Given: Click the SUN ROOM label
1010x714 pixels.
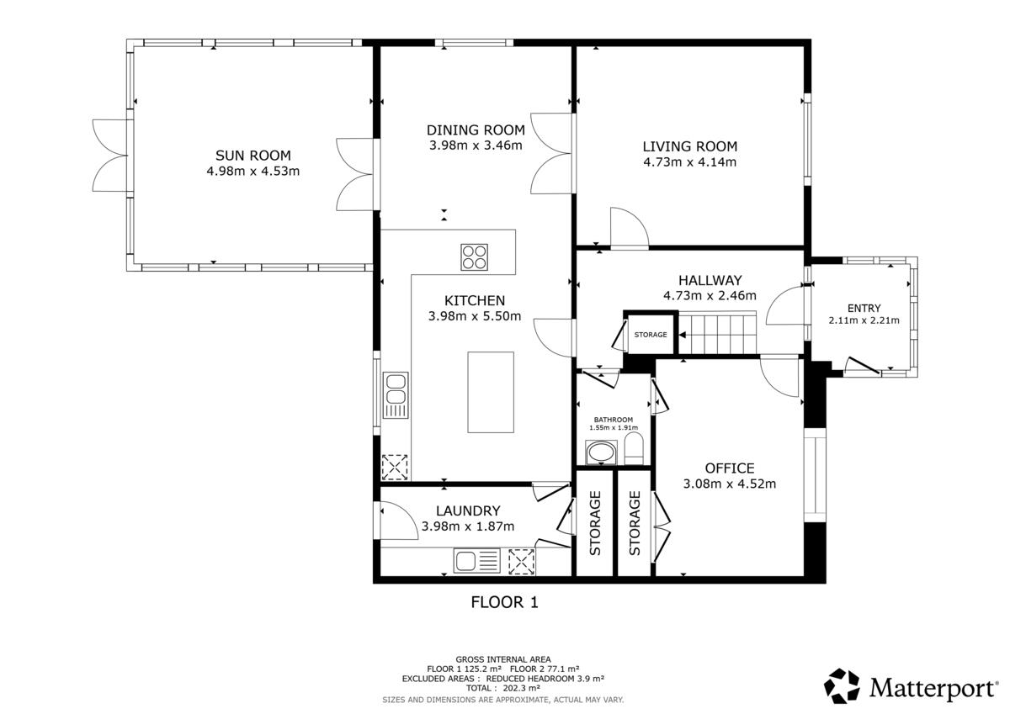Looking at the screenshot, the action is [253, 156].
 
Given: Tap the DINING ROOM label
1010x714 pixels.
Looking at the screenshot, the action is [476, 130].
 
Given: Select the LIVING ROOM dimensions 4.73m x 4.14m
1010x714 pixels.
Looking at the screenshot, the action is [690, 161].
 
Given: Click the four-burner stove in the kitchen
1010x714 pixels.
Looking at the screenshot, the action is [474, 257].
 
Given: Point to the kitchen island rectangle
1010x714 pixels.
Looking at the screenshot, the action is [491, 393].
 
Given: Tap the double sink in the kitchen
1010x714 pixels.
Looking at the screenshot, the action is [396, 395].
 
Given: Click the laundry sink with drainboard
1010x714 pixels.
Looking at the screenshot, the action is [476, 560].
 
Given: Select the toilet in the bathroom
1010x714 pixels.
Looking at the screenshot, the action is [634, 448].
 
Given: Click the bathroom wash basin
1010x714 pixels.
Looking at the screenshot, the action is [601, 452].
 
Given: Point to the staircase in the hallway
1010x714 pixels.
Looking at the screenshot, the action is [717, 332].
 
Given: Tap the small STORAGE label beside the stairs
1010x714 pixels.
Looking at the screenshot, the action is [650, 335].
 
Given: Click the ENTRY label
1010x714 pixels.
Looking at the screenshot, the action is [864, 308].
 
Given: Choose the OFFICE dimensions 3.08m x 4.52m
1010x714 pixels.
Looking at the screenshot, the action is [730, 484].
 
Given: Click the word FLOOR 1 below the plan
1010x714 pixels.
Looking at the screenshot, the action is [504, 602].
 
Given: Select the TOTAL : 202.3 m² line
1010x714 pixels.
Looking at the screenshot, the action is [502, 688].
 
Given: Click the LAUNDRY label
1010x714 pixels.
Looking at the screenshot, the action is [468, 510].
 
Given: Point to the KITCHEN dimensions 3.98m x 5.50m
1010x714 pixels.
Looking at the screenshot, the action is [475, 316].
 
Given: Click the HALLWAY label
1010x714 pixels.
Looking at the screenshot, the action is [710, 280].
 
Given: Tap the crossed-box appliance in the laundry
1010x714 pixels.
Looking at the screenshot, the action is [521, 561].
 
